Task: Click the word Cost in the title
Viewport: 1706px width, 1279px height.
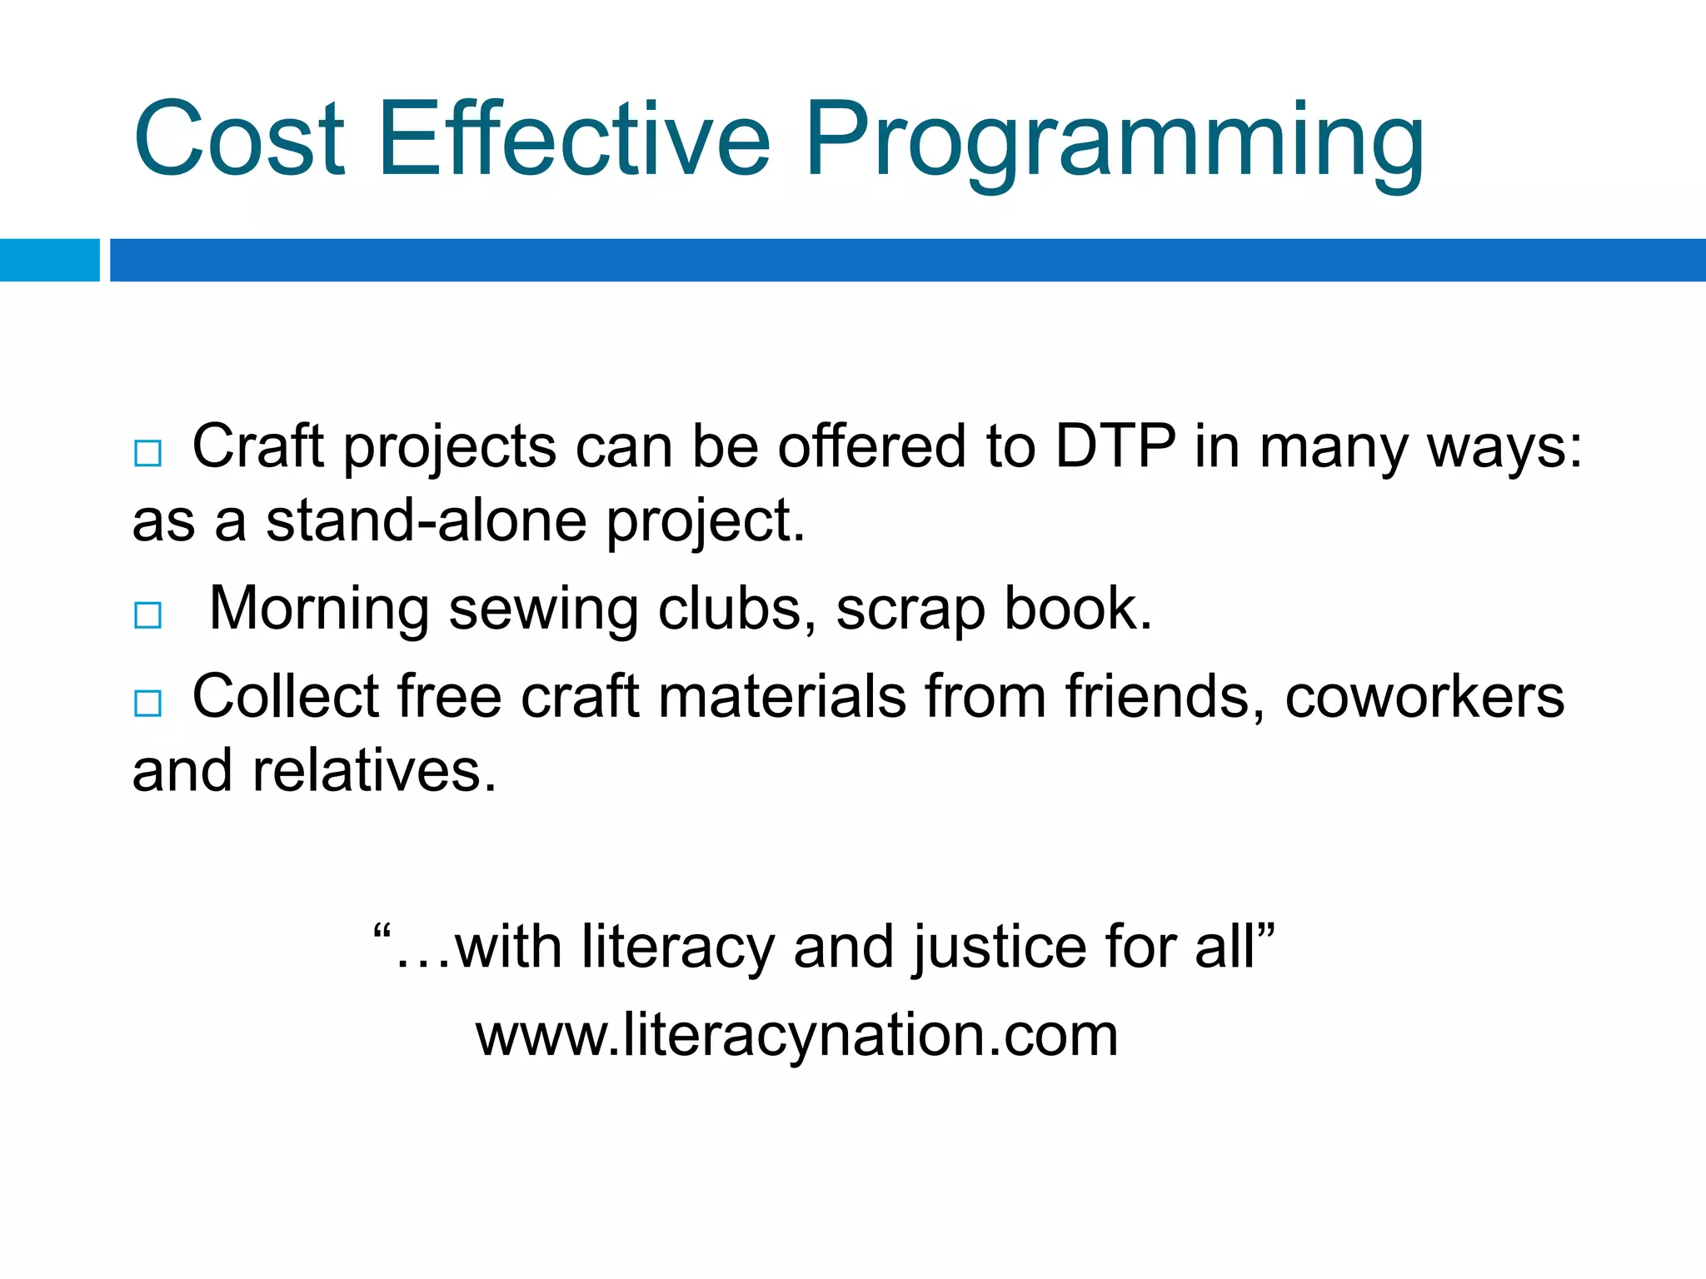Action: point(238,139)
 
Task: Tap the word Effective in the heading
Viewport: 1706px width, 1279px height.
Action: point(574,139)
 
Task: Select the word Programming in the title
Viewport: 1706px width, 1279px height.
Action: point(1114,142)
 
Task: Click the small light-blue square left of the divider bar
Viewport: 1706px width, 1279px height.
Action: point(49,260)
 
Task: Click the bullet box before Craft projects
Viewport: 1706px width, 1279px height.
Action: point(148,454)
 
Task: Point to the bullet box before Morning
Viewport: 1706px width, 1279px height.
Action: point(148,615)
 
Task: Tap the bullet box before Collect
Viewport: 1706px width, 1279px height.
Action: point(148,704)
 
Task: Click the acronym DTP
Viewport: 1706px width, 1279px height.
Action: point(1115,446)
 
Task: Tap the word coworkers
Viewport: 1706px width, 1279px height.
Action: point(1424,696)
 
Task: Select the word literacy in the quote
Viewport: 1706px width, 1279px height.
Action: point(678,948)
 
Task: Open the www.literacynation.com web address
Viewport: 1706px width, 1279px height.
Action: point(796,1035)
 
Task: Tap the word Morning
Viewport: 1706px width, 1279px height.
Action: point(319,610)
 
